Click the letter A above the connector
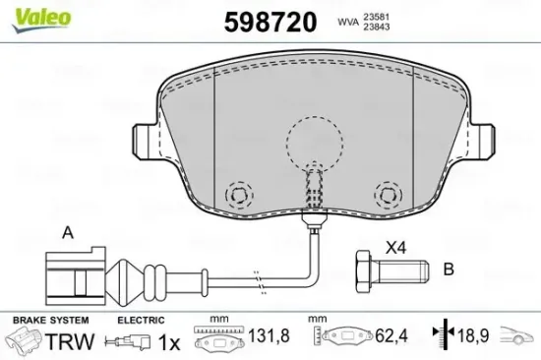(x=67, y=233)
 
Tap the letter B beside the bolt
(x=449, y=268)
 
